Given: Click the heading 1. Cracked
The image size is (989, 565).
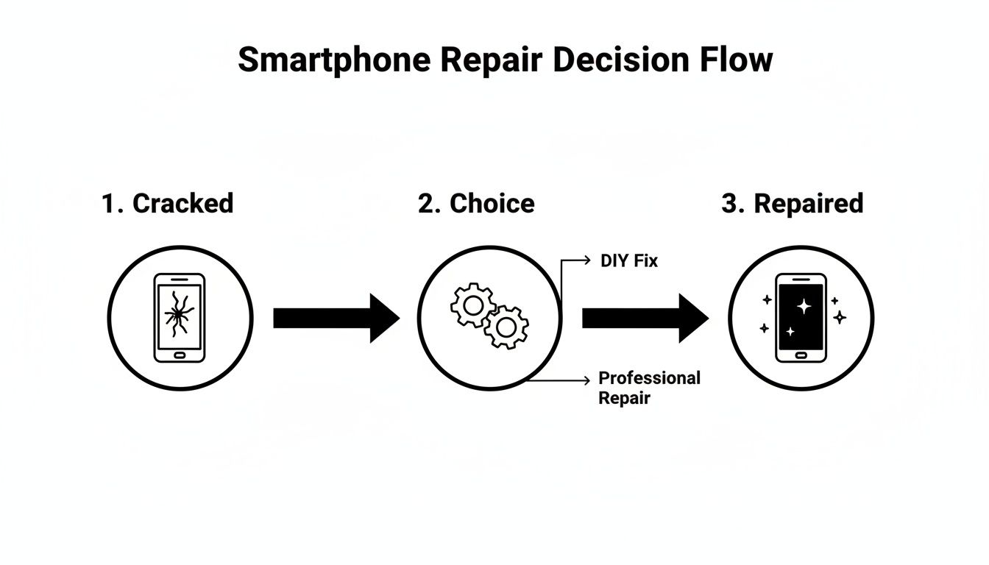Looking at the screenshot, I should pos(168,204).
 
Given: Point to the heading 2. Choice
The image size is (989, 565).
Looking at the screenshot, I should pos(476,204).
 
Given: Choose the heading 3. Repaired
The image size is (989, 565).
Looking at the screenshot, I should pos(792,204).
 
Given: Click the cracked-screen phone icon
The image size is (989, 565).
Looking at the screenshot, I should pos(180,318).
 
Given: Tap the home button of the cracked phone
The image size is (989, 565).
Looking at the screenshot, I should pos(180,355).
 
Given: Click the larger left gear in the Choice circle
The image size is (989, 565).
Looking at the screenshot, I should pos(472,305).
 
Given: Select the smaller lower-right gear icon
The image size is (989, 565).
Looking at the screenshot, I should pos(506,327).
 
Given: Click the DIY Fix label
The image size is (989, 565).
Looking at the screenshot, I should pos(629,260).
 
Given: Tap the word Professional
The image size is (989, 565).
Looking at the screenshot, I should pos(649,378).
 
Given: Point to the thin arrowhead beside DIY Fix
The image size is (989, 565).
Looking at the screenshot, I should pos(586,260).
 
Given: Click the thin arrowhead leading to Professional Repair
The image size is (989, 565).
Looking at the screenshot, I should pos(586,380).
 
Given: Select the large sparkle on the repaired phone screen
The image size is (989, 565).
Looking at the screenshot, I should pos(804,306).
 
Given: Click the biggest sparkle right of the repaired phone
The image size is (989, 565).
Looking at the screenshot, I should pos(840,317).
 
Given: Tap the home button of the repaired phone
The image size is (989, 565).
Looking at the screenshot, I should pos(801,355).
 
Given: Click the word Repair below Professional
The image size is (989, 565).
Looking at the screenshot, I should pos(624,399).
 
